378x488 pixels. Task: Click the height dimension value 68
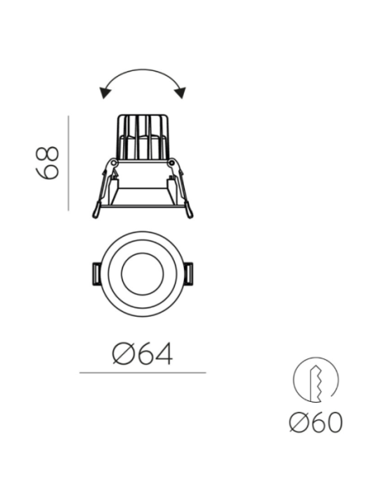(x=48, y=163)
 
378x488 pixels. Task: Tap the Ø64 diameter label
(x=142, y=353)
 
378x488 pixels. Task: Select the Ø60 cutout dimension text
(x=316, y=422)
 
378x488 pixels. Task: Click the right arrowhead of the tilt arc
(x=181, y=93)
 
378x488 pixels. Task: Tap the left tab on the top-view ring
(x=96, y=274)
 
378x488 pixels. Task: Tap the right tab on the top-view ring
(x=189, y=274)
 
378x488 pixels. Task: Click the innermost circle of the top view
(x=121, y=274)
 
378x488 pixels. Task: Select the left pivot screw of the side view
(x=114, y=162)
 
